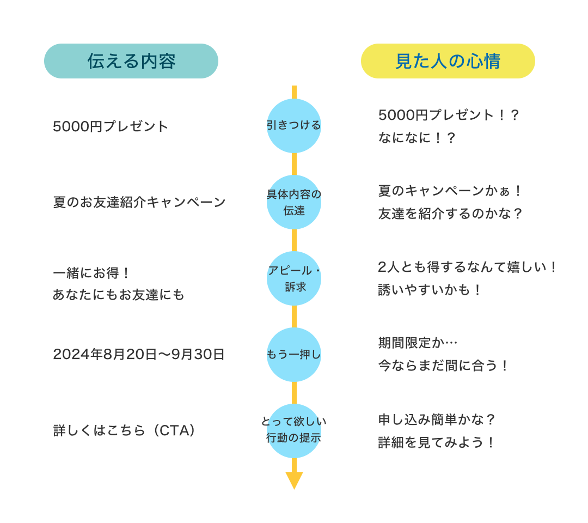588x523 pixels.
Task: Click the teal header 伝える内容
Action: click(x=131, y=61)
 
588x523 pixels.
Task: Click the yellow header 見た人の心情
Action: click(x=448, y=61)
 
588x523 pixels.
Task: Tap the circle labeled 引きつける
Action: click(x=294, y=126)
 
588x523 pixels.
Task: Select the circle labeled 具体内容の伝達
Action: click(x=294, y=202)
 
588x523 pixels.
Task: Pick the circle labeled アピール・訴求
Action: click(x=294, y=278)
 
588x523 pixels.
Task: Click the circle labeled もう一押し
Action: click(x=294, y=355)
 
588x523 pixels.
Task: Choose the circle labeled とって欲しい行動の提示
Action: click(x=294, y=430)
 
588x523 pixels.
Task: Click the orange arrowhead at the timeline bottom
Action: click(x=294, y=479)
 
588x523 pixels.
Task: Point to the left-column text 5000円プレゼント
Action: click(x=111, y=126)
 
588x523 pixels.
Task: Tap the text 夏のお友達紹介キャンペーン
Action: click(x=139, y=202)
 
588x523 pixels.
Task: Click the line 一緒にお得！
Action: click(x=92, y=272)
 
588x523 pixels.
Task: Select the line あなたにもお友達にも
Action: click(x=119, y=295)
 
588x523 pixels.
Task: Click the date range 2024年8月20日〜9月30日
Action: click(x=139, y=355)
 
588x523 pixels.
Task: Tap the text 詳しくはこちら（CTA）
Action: click(x=125, y=430)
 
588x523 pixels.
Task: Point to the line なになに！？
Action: click(x=416, y=138)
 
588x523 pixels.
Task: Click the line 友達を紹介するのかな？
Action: click(x=450, y=214)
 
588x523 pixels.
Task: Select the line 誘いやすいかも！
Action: click(x=430, y=290)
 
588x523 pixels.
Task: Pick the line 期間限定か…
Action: click(x=418, y=343)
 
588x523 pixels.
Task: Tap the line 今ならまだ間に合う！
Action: click(x=444, y=366)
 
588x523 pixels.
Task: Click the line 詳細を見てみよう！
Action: click(x=437, y=442)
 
